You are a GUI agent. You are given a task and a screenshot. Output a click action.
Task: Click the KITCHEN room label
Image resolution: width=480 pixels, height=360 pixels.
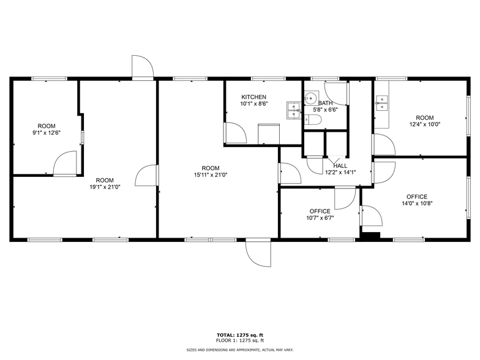pos(253,97)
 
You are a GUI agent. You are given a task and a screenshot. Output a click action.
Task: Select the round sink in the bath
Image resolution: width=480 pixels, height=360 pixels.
pos(310,97)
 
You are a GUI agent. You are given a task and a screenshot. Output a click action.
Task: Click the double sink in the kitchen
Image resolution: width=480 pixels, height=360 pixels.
pos(294,110)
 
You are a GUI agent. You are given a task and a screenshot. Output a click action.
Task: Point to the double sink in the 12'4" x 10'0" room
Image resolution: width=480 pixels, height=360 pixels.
pos(383,102)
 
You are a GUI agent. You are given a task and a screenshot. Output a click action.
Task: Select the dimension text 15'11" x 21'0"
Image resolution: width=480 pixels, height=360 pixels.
pos(211,174)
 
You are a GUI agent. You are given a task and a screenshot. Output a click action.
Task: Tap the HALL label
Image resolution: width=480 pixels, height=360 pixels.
pos(340,165)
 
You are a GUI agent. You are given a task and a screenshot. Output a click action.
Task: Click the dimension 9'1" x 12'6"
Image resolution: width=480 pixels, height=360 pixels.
pos(47,132)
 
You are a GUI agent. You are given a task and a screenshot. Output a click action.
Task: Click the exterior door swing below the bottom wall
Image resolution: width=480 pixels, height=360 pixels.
pos(258,253)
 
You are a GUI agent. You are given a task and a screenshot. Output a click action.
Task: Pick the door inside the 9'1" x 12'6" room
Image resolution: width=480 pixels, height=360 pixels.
pos(64,164)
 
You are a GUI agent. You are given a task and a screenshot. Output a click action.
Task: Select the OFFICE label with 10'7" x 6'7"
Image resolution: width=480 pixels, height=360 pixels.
pos(320,211)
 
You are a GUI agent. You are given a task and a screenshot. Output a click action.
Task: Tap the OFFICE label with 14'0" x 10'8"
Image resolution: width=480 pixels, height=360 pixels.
pos(417,197)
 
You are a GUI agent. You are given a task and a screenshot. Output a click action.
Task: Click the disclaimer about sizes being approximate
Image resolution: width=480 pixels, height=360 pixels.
pos(239,349)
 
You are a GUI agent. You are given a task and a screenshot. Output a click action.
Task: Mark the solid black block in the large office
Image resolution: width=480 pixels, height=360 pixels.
pos(370,234)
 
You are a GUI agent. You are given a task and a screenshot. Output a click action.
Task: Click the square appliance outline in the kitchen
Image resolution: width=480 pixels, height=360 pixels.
pos(269,133)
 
